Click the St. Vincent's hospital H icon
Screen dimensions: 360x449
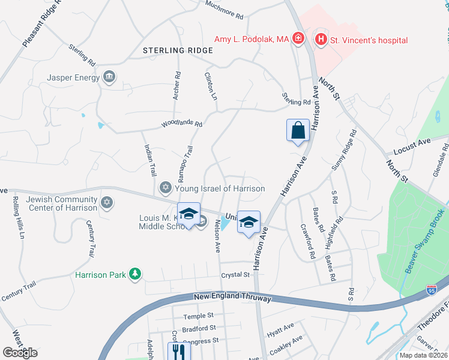(x=321, y=40)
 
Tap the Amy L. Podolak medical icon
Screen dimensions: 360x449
(x=298, y=40)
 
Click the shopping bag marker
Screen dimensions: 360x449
(x=298, y=130)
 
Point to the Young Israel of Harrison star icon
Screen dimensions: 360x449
(x=166, y=188)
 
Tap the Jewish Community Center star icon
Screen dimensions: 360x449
(x=107, y=202)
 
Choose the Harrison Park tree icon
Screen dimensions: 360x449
(x=136, y=274)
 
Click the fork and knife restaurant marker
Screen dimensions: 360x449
(x=178, y=350)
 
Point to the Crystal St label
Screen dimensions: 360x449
(x=235, y=274)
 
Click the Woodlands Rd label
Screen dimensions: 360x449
(x=181, y=124)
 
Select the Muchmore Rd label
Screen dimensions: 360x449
(x=224, y=10)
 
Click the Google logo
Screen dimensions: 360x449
(x=20, y=352)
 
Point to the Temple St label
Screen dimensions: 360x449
(x=198, y=316)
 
